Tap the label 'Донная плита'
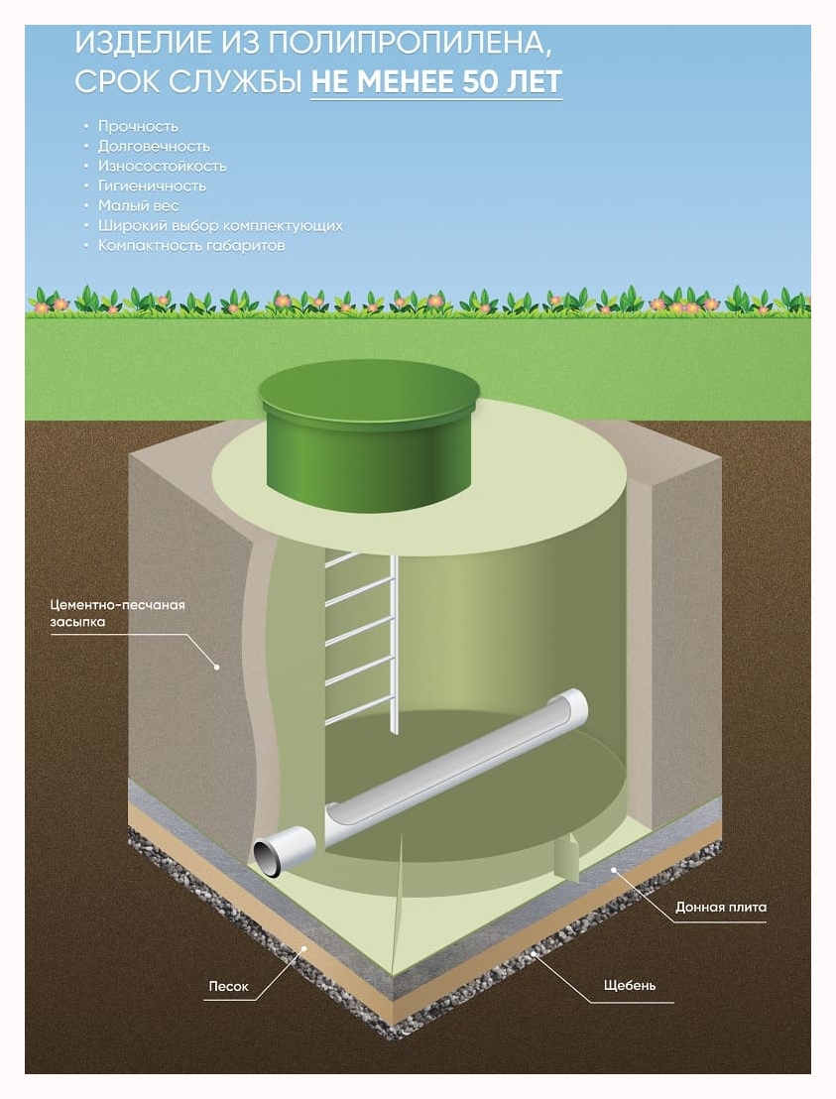(x=721, y=907)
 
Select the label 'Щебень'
(x=629, y=985)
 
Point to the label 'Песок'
(x=228, y=987)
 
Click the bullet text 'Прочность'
(x=138, y=126)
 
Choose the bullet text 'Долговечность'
(x=154, y=146)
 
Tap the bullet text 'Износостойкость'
(x=162, y=166)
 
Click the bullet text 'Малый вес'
(x=138, y=205)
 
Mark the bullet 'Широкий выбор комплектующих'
(x=220, y=225)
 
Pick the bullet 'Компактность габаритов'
(x=191, y=245)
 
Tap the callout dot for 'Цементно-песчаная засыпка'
(x=215, y=668)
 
